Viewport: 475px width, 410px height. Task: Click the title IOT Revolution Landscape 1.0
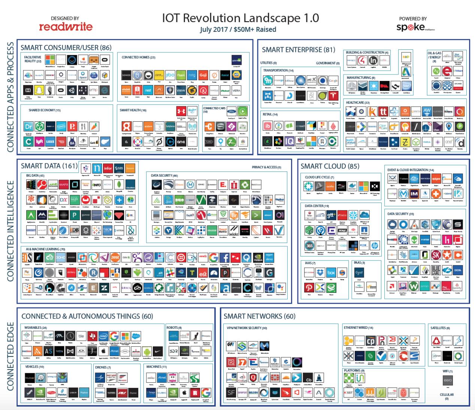(240, 18)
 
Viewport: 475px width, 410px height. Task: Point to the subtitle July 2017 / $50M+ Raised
(238, 30)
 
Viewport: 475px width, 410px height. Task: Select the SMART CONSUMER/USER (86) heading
(66, 48)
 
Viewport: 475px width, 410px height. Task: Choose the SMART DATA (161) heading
(49, 166)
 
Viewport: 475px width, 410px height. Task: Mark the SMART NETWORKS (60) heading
(259, 316)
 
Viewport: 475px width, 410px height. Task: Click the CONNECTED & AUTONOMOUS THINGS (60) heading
(87, 316)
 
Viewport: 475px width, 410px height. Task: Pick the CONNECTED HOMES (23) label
(138, 57)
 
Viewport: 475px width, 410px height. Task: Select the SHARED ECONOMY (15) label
(45, 110)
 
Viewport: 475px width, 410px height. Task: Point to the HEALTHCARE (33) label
(358, 102)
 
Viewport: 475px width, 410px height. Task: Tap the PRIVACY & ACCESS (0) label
(266, 167)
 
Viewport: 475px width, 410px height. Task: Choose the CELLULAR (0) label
(447, 396)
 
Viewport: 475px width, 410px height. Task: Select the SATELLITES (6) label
(441, 328)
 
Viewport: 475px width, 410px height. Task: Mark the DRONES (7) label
(103, 367)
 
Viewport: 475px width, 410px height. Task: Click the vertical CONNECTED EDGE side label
(10, 356)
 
